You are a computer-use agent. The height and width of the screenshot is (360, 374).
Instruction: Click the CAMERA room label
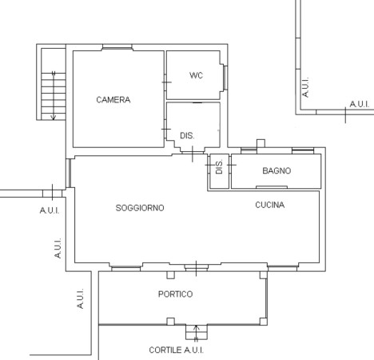click(113, 100)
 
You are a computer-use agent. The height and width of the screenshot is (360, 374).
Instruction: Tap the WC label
click(196, 75)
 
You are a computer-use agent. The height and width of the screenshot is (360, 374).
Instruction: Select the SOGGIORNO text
click(140, 208)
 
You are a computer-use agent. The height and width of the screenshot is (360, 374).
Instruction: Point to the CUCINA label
click(270, 205)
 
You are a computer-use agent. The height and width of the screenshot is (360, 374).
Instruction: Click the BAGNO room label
click(277, 170)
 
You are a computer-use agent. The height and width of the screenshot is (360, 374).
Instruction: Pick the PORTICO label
click(175, 294)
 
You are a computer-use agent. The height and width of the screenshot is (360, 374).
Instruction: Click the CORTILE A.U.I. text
click(177, 350)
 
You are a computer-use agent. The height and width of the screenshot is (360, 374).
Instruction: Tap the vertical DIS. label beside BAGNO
click(219, 167)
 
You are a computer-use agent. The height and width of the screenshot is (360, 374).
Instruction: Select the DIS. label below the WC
click(187, 136)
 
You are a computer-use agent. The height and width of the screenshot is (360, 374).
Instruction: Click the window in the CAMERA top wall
click(117, 47)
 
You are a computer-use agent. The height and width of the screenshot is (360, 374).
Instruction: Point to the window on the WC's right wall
click(225, 78)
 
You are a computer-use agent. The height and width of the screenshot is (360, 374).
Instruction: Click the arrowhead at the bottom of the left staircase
click(54, 118)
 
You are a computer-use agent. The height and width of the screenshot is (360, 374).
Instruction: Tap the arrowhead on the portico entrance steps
click(197, 327)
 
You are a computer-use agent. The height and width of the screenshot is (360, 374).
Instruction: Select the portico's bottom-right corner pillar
click(263, 322)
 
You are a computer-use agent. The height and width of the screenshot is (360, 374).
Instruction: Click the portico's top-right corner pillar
click(263, 275)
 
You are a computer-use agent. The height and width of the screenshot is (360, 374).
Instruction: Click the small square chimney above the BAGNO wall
click(261, 143)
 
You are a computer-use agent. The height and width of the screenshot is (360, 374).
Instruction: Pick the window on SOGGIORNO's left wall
click(69, 174)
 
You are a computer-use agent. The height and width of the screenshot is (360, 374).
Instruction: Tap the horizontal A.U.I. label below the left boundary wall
click(50, 210)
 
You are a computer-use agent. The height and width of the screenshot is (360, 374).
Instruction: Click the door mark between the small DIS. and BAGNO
click(232, 165)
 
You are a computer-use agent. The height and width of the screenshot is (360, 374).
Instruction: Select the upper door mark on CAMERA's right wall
click(166, 82)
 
